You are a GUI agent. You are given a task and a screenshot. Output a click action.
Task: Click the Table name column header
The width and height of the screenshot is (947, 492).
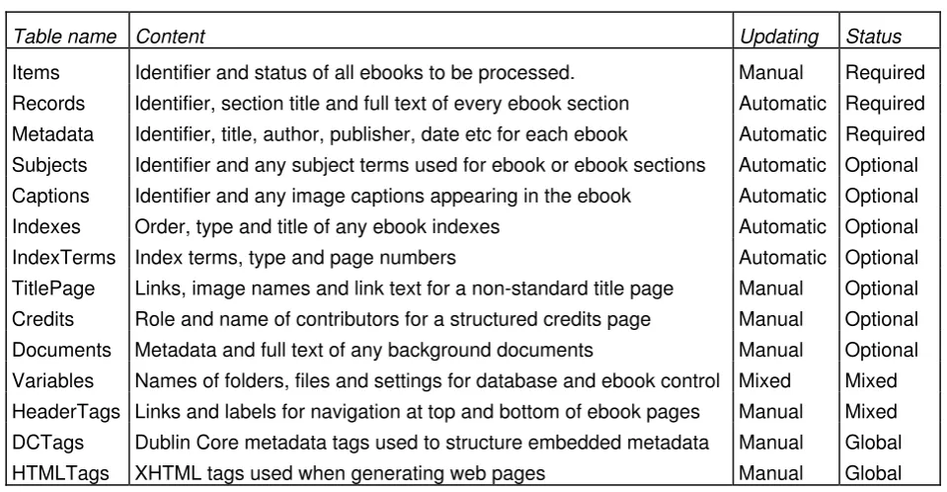[64, 37]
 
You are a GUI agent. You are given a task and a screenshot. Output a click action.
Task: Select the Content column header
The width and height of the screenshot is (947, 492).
[170, 37]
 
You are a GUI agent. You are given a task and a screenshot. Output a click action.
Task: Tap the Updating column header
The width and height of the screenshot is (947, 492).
[779, 38]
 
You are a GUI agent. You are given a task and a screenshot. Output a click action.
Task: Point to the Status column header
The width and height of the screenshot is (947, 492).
[873, 37]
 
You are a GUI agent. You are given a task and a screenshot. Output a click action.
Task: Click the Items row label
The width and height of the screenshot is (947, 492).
[36, 72]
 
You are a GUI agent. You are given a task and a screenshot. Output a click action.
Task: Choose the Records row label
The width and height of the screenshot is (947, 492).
[48, 104]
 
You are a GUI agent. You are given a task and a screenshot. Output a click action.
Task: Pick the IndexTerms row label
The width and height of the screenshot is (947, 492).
[63, 258]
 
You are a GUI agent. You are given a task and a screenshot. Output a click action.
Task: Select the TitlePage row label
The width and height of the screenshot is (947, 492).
[53, 288]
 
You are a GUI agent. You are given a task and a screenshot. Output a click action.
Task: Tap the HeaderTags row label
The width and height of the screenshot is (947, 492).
[66, 412]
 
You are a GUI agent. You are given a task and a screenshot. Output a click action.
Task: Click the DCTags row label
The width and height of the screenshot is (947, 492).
[47, 443]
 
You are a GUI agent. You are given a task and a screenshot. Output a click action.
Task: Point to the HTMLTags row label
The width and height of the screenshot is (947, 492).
[60, 473]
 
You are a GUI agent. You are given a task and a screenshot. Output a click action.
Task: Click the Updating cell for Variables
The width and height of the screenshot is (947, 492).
[764, 380]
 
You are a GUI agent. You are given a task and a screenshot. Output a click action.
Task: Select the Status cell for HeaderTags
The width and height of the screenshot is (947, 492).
[871, 412]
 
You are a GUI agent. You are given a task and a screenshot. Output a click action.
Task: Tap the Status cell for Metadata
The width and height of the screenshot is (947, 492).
[885, 134]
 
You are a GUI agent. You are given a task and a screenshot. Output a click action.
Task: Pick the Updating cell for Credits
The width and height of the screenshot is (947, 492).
[770, 319]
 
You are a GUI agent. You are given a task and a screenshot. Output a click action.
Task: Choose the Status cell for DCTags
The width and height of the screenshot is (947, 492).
[873, 443]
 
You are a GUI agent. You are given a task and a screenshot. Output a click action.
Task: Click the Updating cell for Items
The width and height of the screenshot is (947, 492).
[770, 72]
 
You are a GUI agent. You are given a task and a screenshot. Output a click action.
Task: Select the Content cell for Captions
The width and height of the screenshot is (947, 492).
[383, 197]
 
